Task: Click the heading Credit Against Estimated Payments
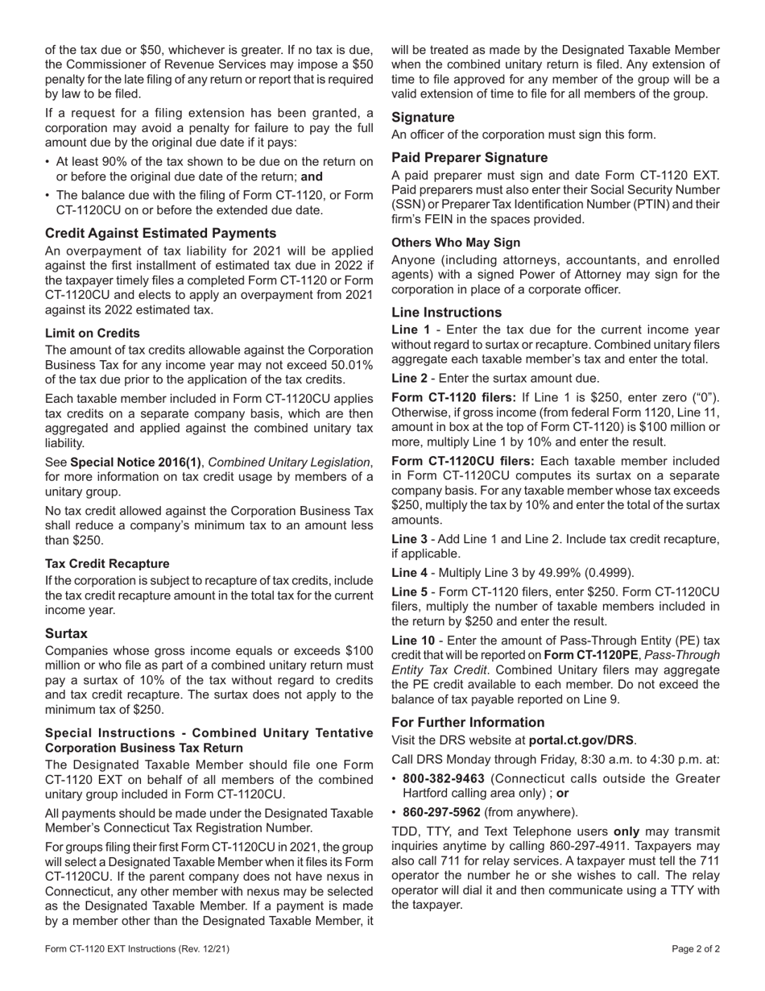pyautogui.click(x=160, y=233)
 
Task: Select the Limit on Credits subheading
pyautogui.click(x=92, y=333)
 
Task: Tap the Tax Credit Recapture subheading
pyautogui.click(x=107, y=563)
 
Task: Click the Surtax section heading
pyautogui.click(x=66, y=633)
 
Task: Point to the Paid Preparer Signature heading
pyautogui.click(x=469, y=157)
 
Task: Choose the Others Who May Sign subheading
pyautogui.click(x=456, y=242)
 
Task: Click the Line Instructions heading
pyautogui.click(x=446, y=312)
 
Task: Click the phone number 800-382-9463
pyautogui.click(x=444, y=778)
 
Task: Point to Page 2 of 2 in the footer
pyautogui.click(x=696, y=948)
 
